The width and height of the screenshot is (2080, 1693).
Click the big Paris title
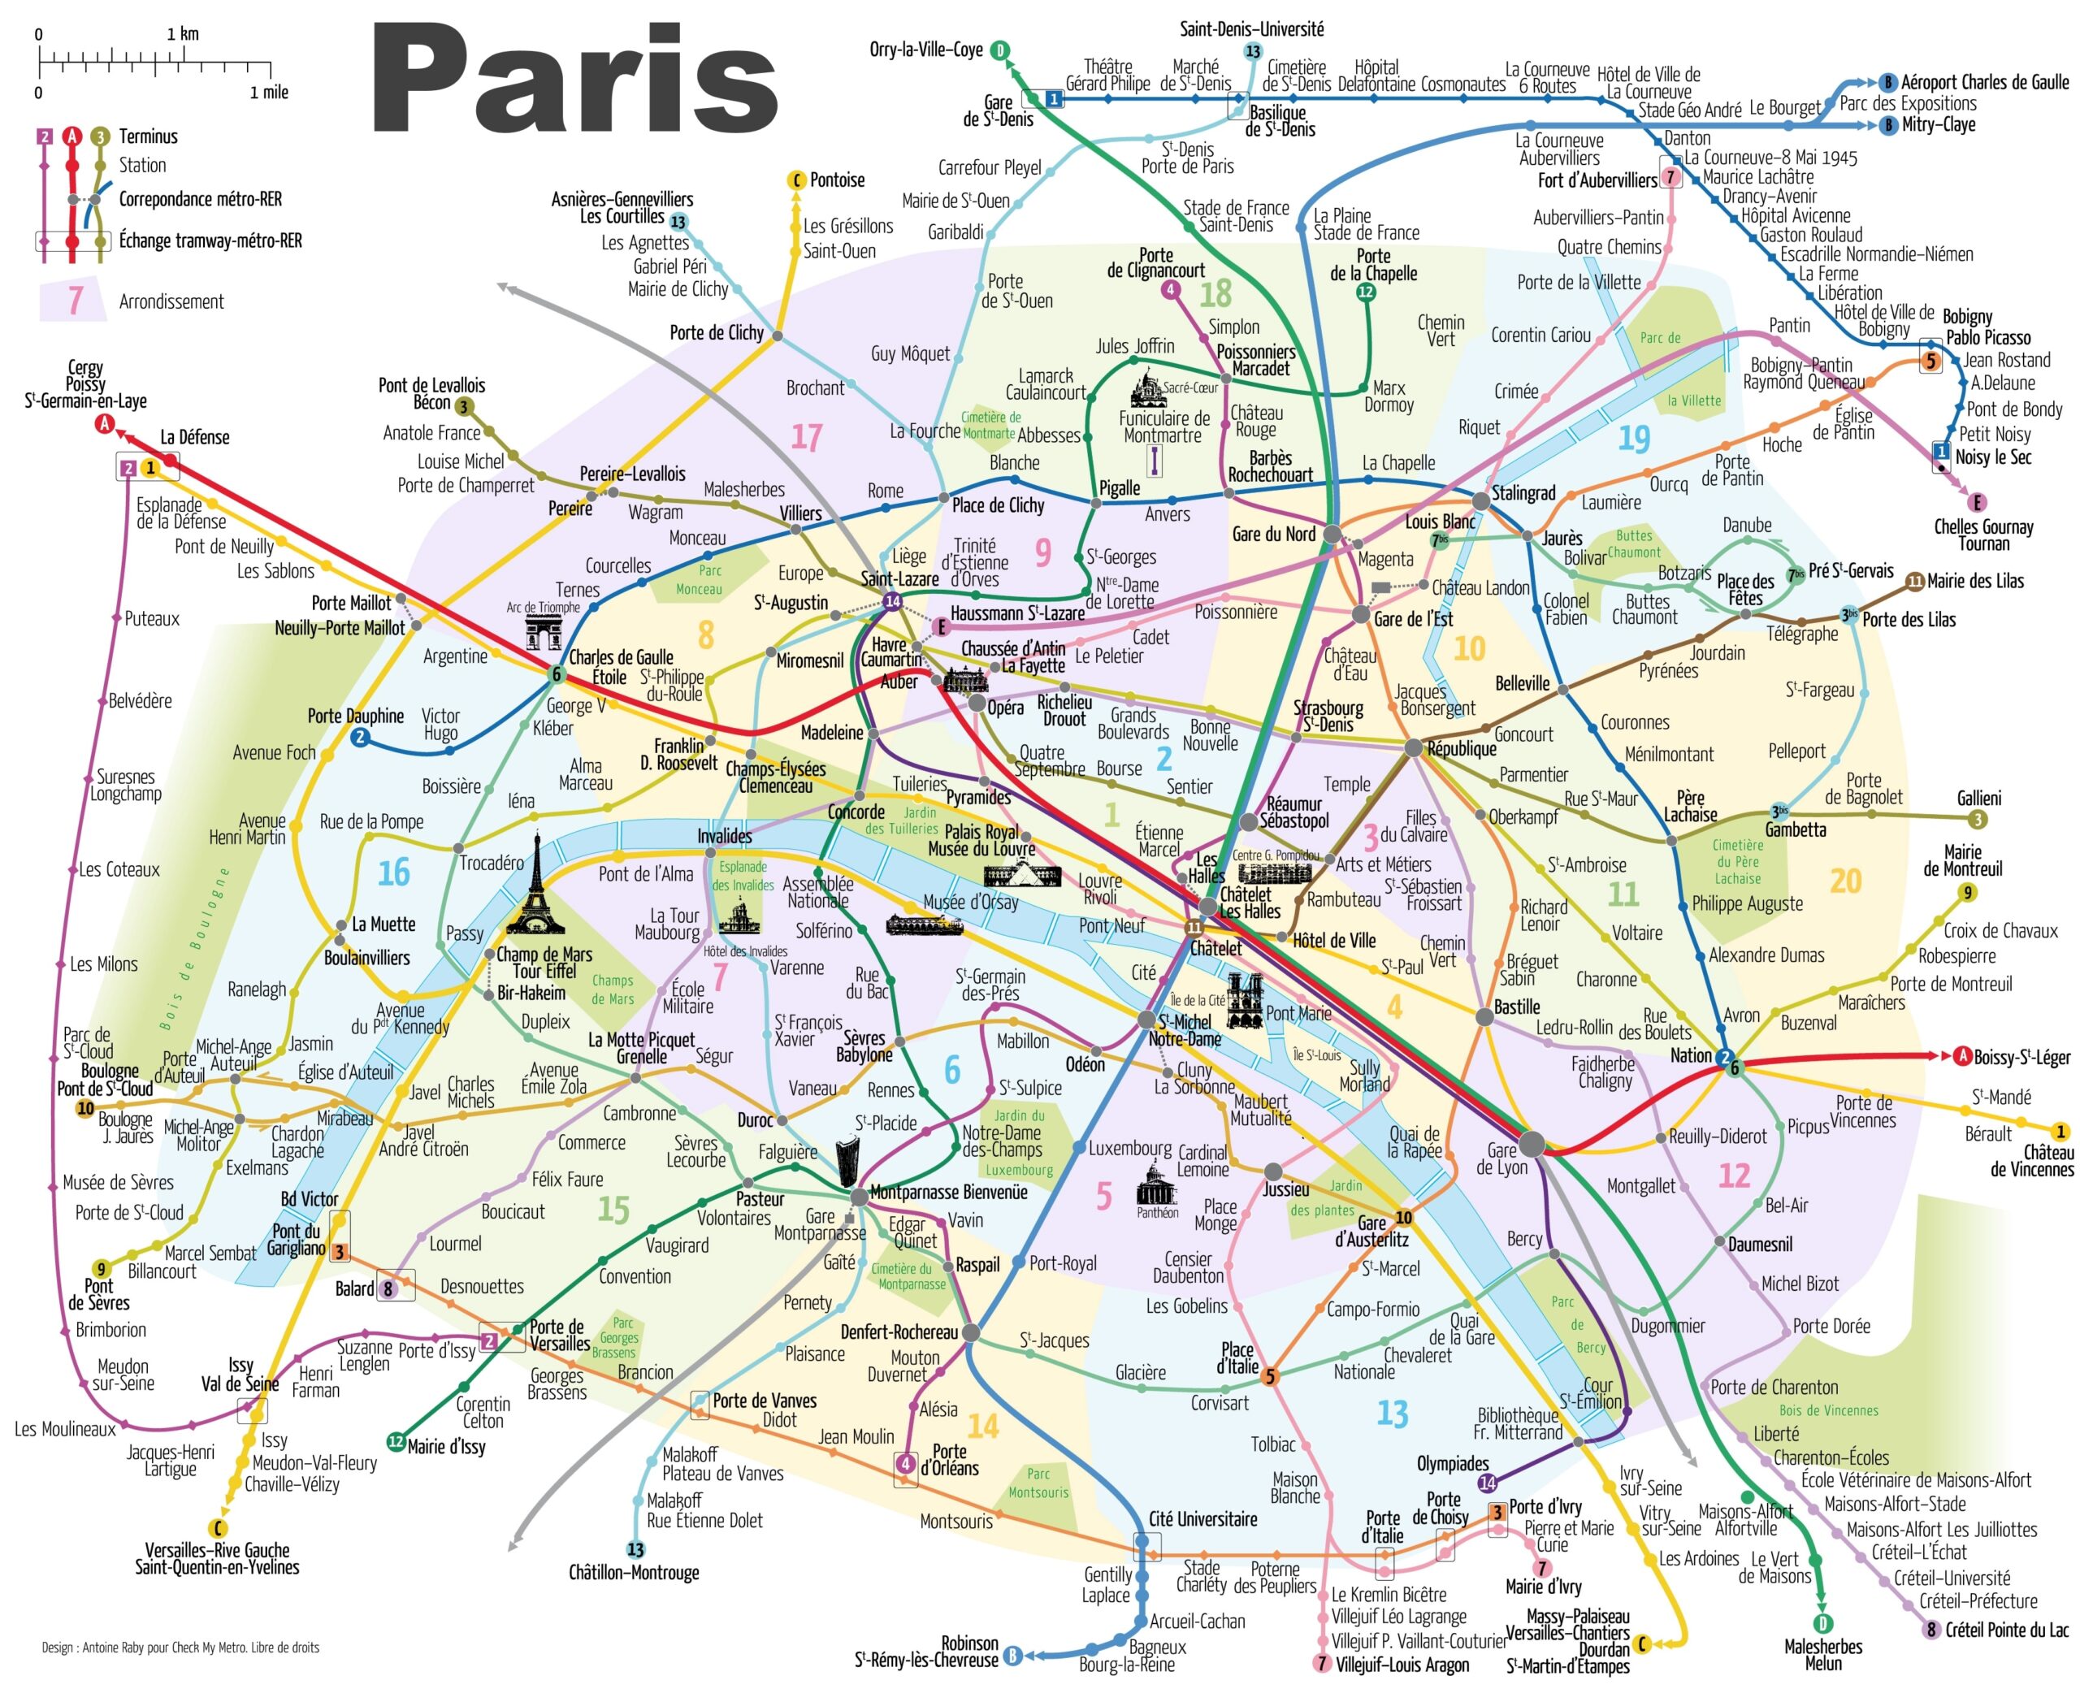pyautogui.click(x=575, y=80)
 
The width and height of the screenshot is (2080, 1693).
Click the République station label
pyautogui.click(x=1461, y=749)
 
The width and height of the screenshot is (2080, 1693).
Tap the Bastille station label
pyautogui.click(x=1516, y=1007)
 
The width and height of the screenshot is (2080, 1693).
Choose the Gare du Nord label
pyautogui.click(x=1272, y=535)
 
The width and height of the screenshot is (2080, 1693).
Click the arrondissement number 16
pyautogui.click(x=394, y=872)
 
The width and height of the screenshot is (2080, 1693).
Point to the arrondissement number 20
pyautogui.click(x=1845, y=881)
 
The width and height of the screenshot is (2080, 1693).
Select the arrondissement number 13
pyautogui.click(x=1392, y=1413)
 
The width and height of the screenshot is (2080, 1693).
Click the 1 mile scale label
pyautogui.click(x=268, y=93)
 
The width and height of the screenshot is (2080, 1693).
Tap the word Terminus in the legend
pyautogui.click(x=148, y=136)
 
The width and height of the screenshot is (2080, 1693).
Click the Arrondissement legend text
pyautogui.click(x=171, y=302)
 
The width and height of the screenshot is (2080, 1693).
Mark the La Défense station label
pyautogui.click(x=194, y=437)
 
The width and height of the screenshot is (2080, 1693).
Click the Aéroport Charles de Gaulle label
pyautogui.click(x=1983, y=83)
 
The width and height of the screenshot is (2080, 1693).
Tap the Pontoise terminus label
pyautogui.click(x=837, y=180)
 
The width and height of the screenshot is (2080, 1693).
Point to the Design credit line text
pyautogui.click(x=180, y=1648)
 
